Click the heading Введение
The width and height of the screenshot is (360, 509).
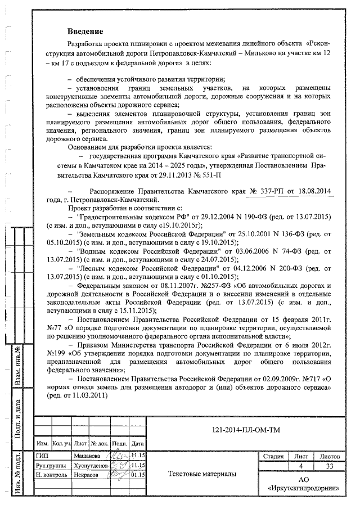(x=85, y=30)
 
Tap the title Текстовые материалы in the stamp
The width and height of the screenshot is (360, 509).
(x=202, y=474)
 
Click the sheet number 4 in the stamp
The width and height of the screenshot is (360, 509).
(x=302, y=466)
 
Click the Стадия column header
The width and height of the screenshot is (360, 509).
(x=273, y=456)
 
